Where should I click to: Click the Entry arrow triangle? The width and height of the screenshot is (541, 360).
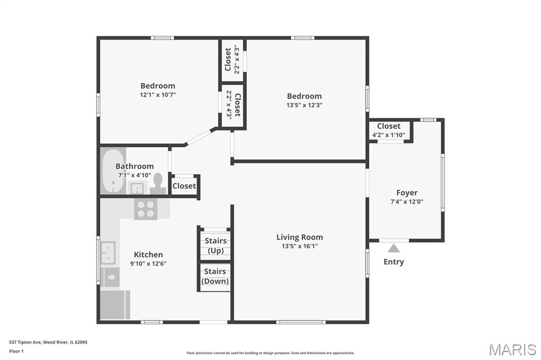[394, 249]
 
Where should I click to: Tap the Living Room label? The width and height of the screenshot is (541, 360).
[300, 237]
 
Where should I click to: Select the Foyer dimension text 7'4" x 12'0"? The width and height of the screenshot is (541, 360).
[407, 202]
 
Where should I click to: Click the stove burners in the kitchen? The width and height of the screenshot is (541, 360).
[146, 209]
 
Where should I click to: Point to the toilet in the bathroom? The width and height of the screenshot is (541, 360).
[157, 184]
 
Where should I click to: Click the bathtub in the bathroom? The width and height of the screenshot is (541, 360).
[114, 170]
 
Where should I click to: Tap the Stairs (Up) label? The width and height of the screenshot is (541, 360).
[216, 245]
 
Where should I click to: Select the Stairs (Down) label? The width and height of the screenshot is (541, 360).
[215, 276]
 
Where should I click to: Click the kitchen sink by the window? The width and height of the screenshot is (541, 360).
[108, 253]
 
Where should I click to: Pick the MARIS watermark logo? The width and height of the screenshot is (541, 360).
[512, 349]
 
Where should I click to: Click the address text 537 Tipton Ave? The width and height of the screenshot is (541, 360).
[25, 343]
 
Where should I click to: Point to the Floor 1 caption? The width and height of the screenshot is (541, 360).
[16, 352]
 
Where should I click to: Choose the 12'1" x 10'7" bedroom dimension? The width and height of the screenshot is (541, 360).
[157, 95]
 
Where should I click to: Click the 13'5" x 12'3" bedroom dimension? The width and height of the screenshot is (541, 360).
[304, 105]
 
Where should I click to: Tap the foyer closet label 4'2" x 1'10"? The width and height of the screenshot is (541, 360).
[389, 135]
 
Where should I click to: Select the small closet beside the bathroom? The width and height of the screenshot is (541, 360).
[184, 186]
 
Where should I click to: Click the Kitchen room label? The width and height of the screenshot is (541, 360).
[148, 254]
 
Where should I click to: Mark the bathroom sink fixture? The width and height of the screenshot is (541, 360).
[137, 188]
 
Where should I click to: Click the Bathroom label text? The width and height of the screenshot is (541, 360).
[135, 166]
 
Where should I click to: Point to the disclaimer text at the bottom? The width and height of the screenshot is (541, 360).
[270, 353]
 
